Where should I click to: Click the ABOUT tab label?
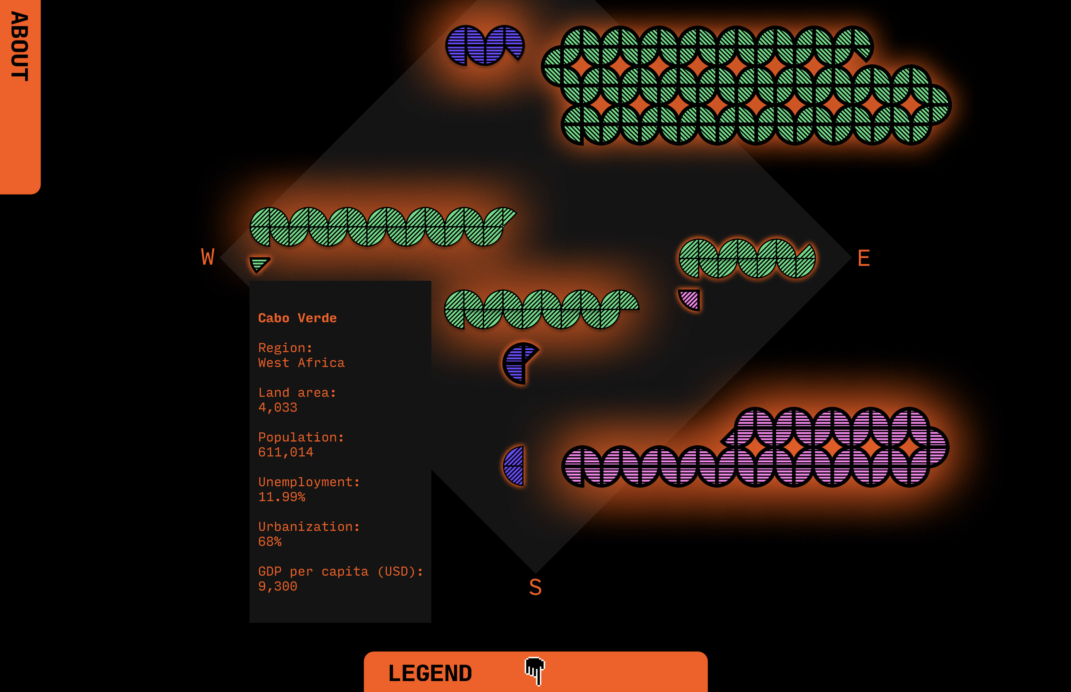(x=20, y=46)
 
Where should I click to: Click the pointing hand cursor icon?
(x=535, y=671)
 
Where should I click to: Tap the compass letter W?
(x=207, y=257)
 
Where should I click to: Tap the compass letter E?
(x=864, y=258)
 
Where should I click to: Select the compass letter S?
(x=535, y=587)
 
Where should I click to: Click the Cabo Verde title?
(x=297, y=318)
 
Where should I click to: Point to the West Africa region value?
(x=301, y=363)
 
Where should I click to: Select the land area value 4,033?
(x=277, y=408)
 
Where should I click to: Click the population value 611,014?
(x=286, y=452)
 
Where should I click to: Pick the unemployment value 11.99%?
(x=282, y=497)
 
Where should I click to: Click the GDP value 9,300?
(x=277, y=586)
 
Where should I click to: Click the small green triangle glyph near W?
(x=259, y=263)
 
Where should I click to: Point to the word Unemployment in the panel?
(x=305, y=482)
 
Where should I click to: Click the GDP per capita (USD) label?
(x=341, y=571)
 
